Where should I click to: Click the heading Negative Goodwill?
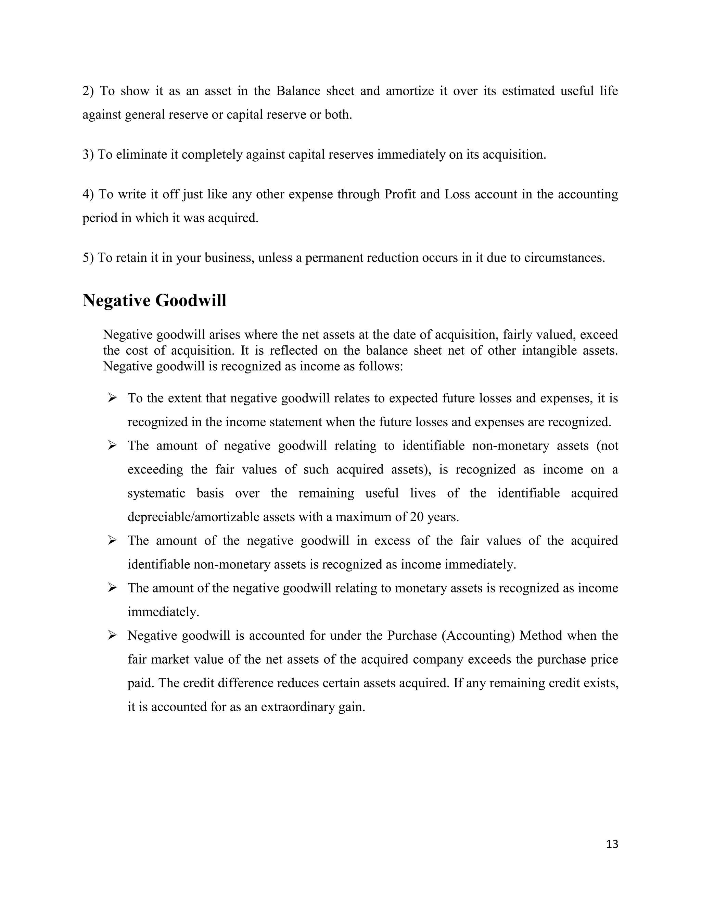tap(154, 300)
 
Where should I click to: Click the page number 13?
tap(612, 844)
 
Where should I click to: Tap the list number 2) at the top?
tap(88, 91)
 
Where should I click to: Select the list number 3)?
tap(88, 155)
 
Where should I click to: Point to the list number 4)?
tap(88, 194)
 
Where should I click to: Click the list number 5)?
tap(88, 258)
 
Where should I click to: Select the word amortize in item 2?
tap(409, 91)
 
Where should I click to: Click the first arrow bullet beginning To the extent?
tap(112, 398)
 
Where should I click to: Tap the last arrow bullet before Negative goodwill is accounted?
tap(112, 635)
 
